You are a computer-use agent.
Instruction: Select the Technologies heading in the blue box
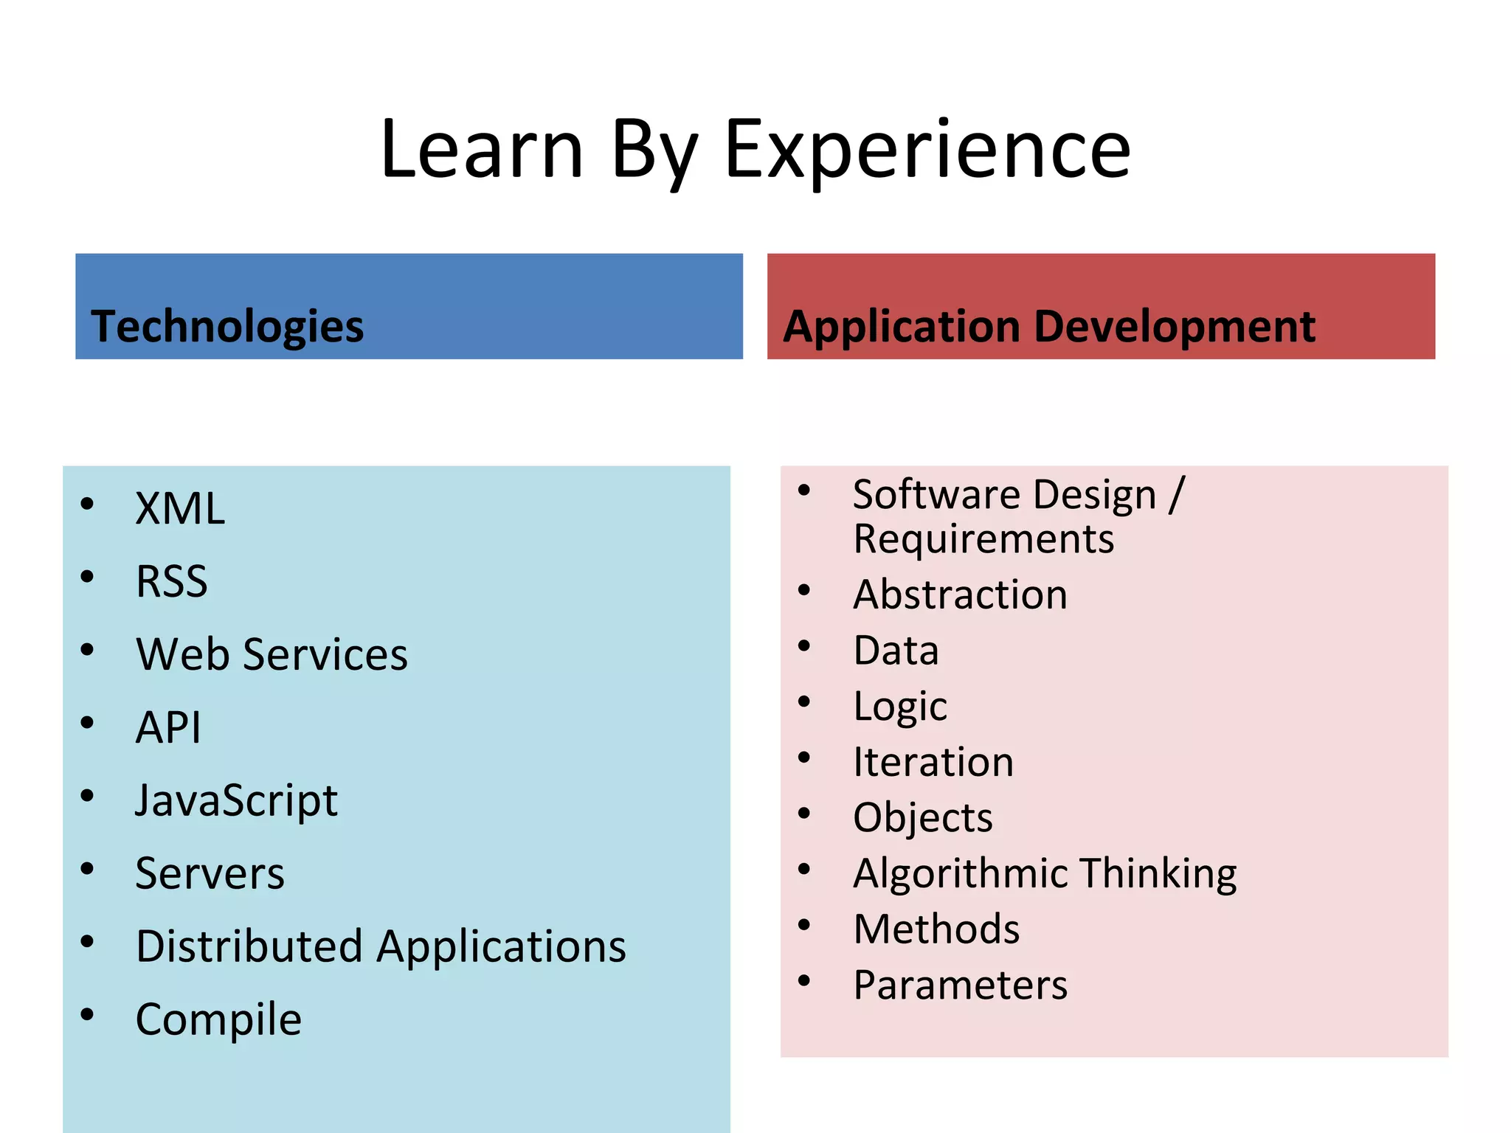click(x=227, y=326)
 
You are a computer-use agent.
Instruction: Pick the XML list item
click(x=180, y=509)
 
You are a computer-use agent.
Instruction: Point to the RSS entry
click(x=171, y=581)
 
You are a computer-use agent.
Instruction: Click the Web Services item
click(x=272, y=654)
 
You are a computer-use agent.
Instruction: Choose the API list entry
click(x=168, y=727)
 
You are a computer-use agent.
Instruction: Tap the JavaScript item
click(x=236, y=801)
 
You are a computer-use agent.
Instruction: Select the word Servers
click(x=210, y=873)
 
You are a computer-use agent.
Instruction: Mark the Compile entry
click(x=218, y=1020)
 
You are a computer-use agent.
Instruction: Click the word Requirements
click(x=983, y=539)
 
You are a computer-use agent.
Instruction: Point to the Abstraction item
click(x=960, y=595)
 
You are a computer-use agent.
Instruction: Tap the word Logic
click(x=899, y=707)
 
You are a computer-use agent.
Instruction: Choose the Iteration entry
click(x=933, y=762)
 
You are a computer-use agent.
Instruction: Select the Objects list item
click(x=922, y=818)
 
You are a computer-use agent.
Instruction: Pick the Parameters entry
click(x=960, y=985)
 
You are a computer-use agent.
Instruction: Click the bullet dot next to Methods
click(x=804, y=925)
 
